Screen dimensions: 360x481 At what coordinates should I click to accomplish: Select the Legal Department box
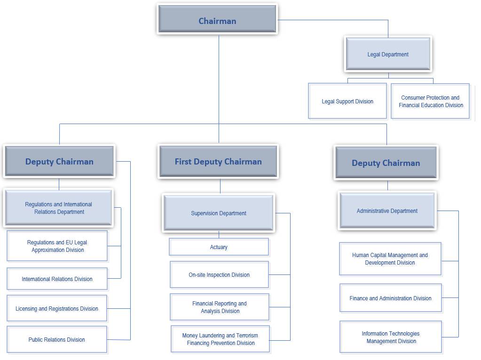pos(388,54)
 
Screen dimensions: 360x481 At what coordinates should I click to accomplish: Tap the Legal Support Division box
pos(347,101)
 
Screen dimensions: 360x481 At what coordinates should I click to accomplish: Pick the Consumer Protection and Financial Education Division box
pos(431,101)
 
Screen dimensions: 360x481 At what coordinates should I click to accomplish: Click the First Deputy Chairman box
pos(218,161)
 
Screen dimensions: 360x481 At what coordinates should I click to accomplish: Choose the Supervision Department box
pos(218,213)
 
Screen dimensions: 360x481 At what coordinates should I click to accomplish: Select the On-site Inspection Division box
pos(219,274)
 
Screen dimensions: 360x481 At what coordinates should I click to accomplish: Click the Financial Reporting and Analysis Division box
pos(220,307)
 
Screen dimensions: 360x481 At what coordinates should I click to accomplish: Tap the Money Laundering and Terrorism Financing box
pos(221,339)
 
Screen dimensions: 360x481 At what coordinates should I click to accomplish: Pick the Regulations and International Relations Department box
pos(59,208)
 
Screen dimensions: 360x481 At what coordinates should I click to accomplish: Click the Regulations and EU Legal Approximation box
pos(57,246)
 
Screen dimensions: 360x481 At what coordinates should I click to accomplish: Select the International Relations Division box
pos(57,279)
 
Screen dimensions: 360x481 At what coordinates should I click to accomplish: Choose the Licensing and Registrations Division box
pos(57,308)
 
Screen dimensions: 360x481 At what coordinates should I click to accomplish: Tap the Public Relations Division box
pos(57,339)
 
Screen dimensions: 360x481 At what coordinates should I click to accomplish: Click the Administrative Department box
pos(387,211)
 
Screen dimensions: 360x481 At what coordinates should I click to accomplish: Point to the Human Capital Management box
pos(390,258)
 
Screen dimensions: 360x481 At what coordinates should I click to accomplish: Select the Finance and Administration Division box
pos(390,298)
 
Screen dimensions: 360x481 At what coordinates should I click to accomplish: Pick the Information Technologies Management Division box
pos(391,337)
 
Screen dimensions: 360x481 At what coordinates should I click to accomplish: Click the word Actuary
pos(219,247)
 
